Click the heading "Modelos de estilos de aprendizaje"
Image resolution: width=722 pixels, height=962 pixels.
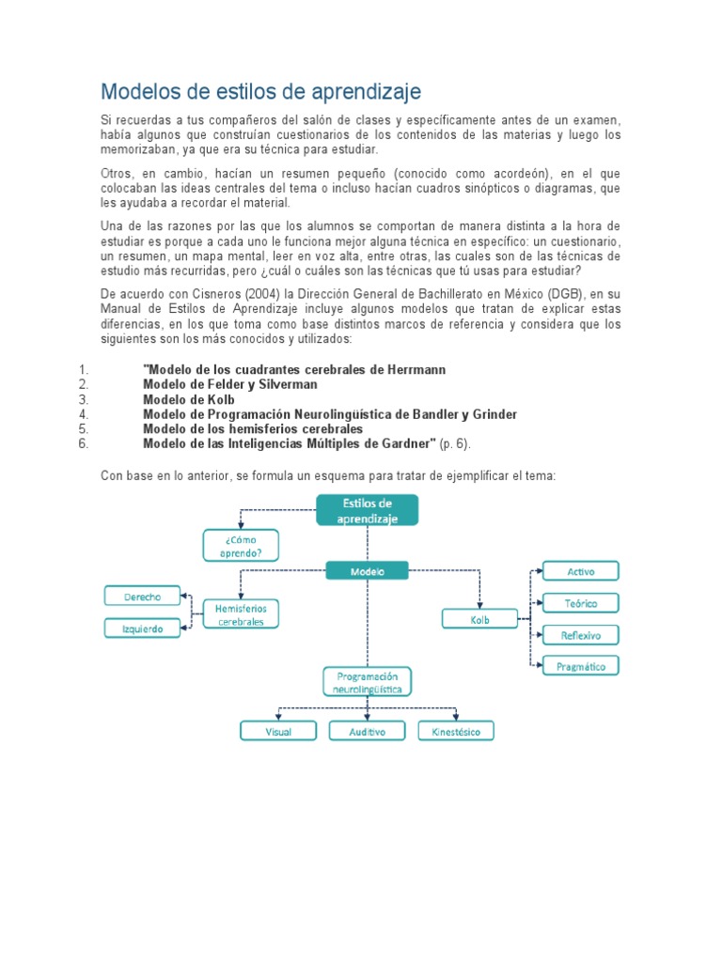click(261, 92)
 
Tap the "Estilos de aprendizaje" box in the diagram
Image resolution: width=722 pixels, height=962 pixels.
click(367, 510)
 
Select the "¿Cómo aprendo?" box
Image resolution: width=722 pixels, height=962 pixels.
click(241, 546)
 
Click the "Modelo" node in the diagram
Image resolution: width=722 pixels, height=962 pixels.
click(367, 570)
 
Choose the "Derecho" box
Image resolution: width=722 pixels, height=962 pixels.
click(141, 596)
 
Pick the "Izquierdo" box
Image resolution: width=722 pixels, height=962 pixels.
click(141, 628)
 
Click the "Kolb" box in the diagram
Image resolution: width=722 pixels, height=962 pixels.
click(479, 619)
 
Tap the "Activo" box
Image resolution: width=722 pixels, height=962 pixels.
click(580, 571)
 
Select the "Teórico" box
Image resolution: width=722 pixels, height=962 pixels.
click(580, 603)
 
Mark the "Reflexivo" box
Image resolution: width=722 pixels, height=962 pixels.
click(580, 635)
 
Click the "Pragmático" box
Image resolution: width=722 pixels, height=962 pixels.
click(580, 666)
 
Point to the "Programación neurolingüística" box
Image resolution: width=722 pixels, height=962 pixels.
click(367, 682)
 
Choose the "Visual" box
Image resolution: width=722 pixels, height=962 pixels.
click(278, 731)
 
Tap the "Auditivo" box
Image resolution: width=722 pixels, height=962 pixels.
click(367, 731)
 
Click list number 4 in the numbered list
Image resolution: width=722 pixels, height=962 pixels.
click(84, 414)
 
